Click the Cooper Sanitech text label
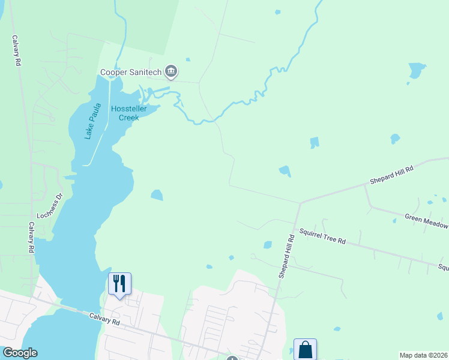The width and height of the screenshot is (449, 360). point(131,72)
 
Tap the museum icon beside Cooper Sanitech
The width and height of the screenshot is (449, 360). point(172,72)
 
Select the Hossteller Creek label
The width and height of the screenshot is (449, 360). point(124,113)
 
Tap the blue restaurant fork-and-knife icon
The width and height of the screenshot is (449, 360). point(119,283)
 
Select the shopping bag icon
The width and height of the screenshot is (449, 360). point(305,349)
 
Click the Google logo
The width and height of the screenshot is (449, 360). point(19,353)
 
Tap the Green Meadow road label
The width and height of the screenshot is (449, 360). point(426,221)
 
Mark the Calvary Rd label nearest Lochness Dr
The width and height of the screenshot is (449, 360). point(31,237)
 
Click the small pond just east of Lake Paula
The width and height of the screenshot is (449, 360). point(157,195)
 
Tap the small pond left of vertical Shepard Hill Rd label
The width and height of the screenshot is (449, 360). point(267,245)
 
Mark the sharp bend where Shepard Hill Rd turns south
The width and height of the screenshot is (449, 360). point(300,203)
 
